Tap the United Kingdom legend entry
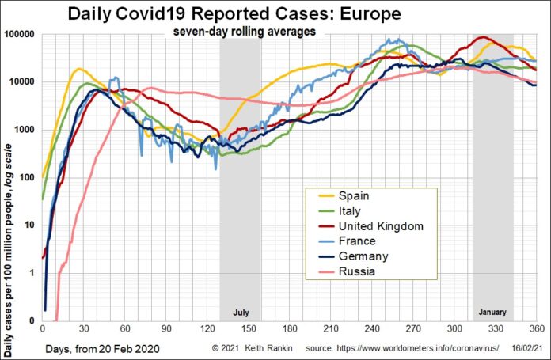380,225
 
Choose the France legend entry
357,241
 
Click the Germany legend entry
363,256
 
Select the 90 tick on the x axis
165,329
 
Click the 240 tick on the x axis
372,329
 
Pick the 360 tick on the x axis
536,329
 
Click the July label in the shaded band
241,312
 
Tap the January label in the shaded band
492,312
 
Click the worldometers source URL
420,347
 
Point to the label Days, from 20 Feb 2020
90,347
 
